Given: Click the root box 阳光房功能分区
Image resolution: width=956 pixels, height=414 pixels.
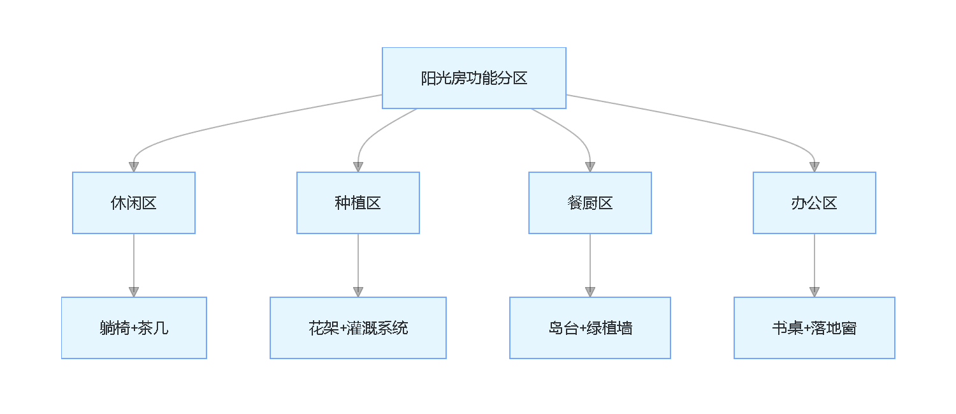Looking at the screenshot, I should coord(474,78).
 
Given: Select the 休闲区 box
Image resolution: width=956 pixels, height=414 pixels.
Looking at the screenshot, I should coord(134,203).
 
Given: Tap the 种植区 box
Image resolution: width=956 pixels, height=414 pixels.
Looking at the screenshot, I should coord(358,203).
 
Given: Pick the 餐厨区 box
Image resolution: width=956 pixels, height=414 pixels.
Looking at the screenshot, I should coord(590,203).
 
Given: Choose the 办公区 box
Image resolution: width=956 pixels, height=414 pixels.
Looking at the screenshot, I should coord(815,203).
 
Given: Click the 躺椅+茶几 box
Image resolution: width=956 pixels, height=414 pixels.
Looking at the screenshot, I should coord(134,328).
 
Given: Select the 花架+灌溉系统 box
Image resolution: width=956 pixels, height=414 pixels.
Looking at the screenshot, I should coord(358,328).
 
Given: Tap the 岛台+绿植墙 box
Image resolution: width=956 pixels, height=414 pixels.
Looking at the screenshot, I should coord(590,328).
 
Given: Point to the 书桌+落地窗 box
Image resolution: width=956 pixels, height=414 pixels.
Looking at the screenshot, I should coord(815,328).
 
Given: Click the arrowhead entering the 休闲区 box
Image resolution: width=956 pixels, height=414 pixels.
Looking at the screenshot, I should coord(134,166).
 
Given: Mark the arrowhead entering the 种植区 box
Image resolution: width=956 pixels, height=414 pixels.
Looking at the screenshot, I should coord(358,166).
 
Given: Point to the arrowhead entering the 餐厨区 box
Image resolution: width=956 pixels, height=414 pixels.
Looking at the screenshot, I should coord(590,166).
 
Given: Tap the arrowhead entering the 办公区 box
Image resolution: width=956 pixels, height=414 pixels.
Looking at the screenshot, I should coord(815,166).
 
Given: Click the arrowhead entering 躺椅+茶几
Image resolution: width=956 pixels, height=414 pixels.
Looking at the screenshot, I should coord(134,292).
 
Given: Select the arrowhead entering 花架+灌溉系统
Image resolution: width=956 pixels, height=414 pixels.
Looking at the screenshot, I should coord(358,292).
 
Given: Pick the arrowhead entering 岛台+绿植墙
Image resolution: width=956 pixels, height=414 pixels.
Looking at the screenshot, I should coord(590,292).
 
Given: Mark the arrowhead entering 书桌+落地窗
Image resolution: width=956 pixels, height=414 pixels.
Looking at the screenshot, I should coord(815,292).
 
